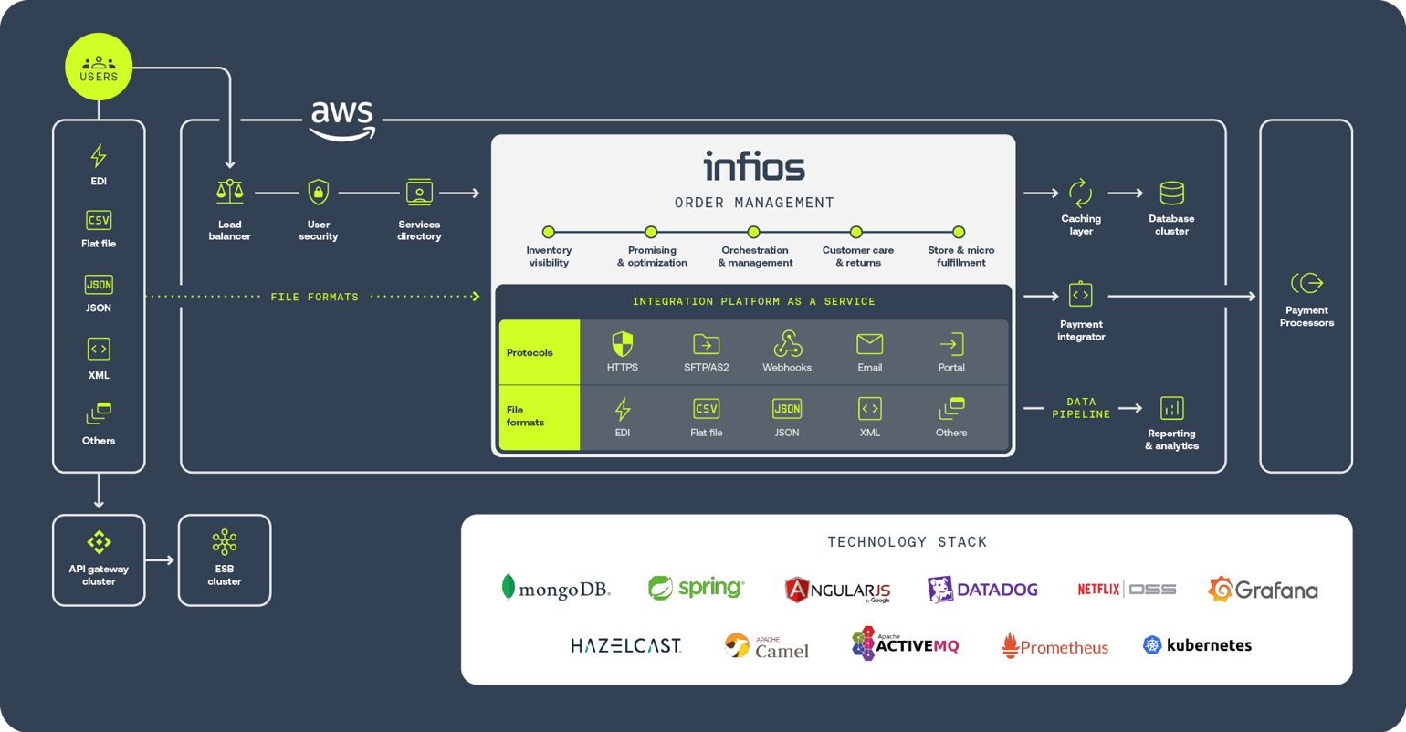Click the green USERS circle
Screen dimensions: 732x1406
[99, 67]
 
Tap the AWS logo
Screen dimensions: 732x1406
[342, 120]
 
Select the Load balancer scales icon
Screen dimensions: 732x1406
[229, 192]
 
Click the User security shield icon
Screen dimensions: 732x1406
[318, 192]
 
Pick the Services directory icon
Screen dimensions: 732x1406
[419, 192]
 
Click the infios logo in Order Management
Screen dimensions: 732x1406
[754, 167]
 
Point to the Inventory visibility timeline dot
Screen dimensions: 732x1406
[549, 232]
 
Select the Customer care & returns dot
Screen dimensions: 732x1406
[856, 232]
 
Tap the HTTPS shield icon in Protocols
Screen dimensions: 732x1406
[622, 344]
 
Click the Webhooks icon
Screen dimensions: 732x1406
[787, 344]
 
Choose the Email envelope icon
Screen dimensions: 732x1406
[869, 344]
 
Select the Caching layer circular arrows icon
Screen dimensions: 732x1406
[1080, 193]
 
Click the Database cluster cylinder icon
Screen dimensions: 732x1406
[1171, 193]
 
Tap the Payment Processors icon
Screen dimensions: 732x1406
[1306, 283]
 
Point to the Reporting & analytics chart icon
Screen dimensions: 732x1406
[1171, 408]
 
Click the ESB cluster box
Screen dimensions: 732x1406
[225, 560]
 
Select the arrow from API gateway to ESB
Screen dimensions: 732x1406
[160, 560]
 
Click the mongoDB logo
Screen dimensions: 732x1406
[556, 590]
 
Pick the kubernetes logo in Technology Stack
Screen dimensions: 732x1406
[1197, 645]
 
